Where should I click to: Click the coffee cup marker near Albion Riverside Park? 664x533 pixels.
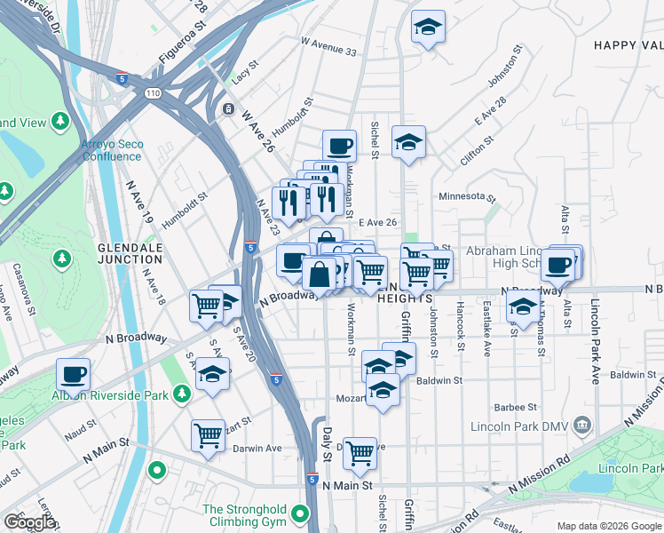click(73, 374)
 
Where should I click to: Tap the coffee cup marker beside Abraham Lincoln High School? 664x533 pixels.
click(558, 265)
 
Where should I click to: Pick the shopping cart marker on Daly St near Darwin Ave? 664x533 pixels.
click(360, 453)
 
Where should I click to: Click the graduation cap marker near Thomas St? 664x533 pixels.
click(524, 307)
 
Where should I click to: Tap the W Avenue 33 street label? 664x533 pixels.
click(328, 47)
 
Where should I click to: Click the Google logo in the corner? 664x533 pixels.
click(29, 522)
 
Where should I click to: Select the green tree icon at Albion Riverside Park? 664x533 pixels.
click(181, 392)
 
